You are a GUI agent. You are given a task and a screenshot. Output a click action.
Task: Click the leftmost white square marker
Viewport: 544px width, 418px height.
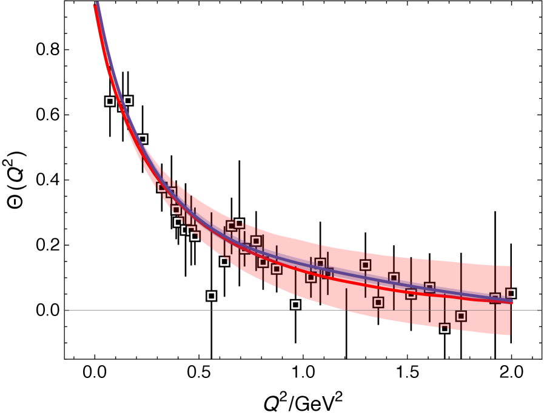[110, 101]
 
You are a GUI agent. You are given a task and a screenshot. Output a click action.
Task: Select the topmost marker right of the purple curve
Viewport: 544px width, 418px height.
[128, 101]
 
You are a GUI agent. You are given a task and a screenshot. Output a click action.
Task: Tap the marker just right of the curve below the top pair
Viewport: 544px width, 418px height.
[143, 139]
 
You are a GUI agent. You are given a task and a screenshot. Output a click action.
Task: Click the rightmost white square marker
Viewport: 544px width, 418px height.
[511, 293]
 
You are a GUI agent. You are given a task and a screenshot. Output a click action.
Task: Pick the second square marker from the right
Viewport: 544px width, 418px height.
[495, 298]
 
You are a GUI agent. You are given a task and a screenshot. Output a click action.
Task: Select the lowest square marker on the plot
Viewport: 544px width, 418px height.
[445, 328]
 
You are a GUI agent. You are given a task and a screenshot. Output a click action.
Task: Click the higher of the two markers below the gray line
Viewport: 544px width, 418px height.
[461, 316]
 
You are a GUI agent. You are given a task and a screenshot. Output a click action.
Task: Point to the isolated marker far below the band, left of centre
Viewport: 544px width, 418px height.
[211, 296]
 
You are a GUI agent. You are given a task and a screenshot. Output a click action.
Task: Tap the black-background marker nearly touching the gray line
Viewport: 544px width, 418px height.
[295, 305]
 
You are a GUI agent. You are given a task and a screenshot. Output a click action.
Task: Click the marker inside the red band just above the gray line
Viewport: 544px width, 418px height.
[378, 302]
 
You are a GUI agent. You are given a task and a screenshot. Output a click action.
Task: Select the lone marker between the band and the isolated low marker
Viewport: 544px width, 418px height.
[224, 261]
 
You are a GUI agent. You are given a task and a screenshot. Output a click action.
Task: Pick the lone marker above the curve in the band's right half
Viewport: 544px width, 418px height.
[365, 265]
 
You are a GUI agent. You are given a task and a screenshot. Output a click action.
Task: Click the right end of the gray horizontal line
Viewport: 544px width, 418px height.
[540, 310]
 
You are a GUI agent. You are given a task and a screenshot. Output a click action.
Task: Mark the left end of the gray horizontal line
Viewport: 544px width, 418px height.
[65, 310]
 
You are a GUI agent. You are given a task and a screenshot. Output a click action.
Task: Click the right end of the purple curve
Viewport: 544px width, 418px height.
[512, 301]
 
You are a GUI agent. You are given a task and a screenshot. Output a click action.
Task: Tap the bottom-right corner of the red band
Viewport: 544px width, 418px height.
[510, 335]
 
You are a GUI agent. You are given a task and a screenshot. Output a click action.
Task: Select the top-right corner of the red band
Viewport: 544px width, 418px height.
[510, 266]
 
